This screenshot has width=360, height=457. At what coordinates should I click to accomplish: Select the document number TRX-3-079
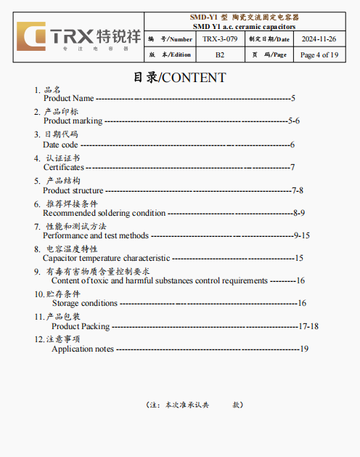pos(219,39)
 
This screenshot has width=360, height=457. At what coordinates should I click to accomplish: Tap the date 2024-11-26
pos(319,39)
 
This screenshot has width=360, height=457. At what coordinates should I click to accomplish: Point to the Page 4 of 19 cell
pos(319,54)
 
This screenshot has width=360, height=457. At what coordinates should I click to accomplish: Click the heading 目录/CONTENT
pos(179,78)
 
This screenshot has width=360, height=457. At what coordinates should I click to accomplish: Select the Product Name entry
pos(69,98)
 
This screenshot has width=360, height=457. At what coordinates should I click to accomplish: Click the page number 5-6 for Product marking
pos(294,121)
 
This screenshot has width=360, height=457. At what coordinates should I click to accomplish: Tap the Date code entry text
pos(60,145)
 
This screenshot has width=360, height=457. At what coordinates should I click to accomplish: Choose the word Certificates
pos(64,167)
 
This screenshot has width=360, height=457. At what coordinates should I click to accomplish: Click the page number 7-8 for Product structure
pos(298,190)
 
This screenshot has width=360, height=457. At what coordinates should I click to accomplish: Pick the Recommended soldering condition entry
pos(105,213)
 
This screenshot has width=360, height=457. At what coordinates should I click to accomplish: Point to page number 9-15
pos(302,235)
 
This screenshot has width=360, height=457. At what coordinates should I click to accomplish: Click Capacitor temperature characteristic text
pos(107,258)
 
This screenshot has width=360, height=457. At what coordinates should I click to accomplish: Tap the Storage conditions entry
pos(84,303)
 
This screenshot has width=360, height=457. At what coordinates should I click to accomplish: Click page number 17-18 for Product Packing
pos(308,326)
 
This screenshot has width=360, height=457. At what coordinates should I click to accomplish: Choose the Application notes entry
pos(83,349)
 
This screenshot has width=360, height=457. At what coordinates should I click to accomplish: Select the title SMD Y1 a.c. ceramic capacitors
pos(243,26)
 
